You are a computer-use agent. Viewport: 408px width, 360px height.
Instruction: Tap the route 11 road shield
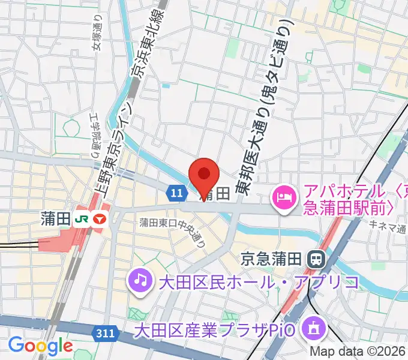[175, 193]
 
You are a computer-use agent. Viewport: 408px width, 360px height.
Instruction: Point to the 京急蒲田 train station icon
[314, 259]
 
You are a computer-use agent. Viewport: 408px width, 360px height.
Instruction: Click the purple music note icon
[139, 280]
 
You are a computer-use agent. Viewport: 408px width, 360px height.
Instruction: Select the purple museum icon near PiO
[314, 329]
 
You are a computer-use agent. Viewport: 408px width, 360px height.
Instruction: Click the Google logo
[40, 346]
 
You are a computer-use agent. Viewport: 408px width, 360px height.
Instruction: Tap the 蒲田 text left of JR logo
[57, 220]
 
